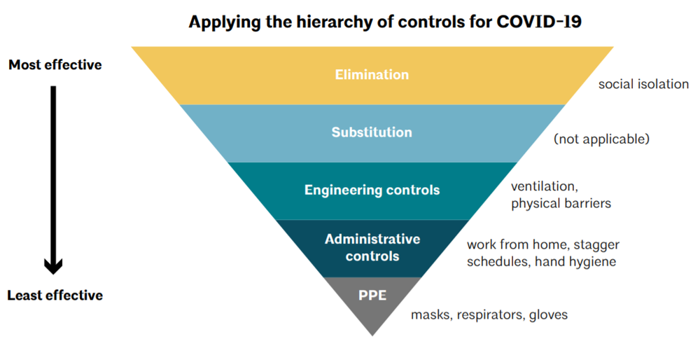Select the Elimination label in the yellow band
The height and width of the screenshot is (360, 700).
[x=372, y=75]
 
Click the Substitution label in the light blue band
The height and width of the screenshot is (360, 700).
[x=372, y=132]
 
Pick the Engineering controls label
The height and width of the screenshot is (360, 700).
[x=372, y=190]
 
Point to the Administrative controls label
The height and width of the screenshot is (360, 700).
[x=372, y=247]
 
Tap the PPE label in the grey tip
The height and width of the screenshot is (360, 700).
[x=372, y=295]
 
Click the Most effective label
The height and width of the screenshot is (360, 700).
[x=55, y=65]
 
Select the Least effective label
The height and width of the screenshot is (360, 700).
[x=55, y=296]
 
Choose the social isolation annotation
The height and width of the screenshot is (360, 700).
[x=643, y=84]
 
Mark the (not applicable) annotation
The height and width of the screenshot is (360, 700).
[x=601, y=139]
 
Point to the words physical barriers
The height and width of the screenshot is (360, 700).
[x=561, y=204]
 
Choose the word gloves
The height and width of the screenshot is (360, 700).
[x=549, y=315]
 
